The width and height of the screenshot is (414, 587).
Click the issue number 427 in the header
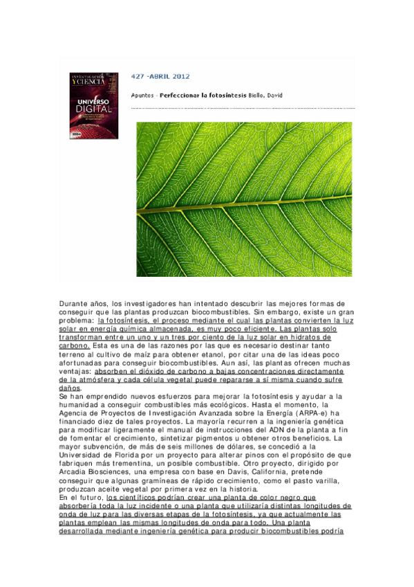coord(138,76)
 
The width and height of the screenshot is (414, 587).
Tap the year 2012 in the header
coord(182,76)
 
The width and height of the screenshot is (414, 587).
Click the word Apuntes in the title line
coord(143,95)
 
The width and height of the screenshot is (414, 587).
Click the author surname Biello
coord(256,95)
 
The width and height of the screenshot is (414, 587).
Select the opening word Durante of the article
coord(74,304)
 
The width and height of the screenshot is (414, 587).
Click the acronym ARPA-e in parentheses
coord(312,414)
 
